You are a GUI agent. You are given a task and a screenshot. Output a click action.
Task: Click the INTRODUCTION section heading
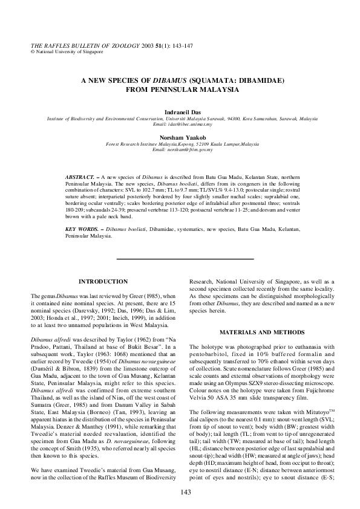pos(103,281)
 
